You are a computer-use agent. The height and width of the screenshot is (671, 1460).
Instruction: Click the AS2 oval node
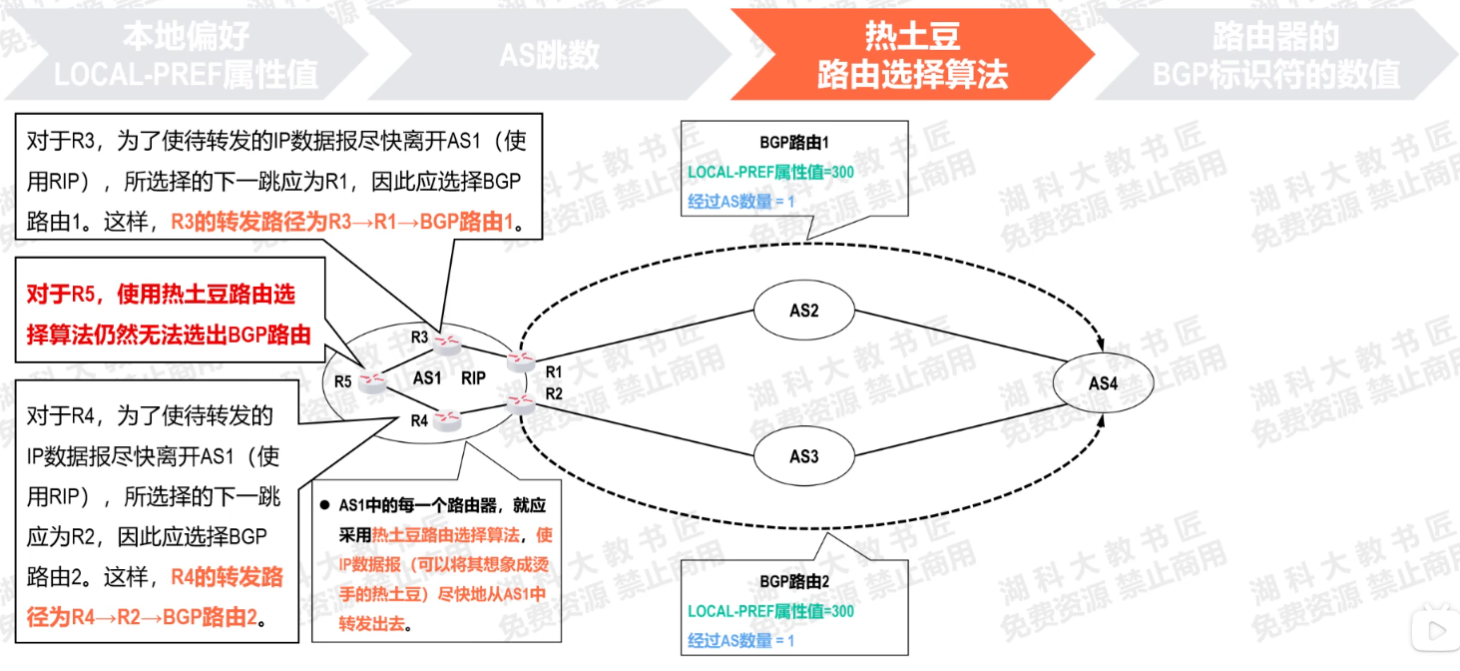pos(803,311)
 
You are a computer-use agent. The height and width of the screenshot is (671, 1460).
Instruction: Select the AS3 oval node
pos(803,456)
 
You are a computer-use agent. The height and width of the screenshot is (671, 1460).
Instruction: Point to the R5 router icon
pos(373,380)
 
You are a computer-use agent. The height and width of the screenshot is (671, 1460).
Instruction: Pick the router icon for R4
pos(447,420)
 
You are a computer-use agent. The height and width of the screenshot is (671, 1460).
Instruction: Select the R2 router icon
pos(519,402)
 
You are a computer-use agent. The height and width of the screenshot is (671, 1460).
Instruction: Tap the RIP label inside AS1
pos(473,378)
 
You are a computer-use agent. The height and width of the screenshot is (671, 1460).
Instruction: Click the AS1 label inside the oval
pos(427,378)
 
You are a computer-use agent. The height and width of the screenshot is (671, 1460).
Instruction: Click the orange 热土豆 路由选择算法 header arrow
pos(911,55)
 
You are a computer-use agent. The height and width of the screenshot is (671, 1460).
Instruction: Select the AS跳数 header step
pos(549,55)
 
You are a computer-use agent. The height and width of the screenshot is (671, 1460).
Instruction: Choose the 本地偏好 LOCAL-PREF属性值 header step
pos(186,55)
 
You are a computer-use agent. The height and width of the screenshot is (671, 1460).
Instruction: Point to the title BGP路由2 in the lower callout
pos(794,580)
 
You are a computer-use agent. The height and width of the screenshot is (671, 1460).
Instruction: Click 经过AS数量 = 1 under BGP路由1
pos(740,203)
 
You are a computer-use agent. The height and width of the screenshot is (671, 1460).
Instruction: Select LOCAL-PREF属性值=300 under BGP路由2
pos(770,610)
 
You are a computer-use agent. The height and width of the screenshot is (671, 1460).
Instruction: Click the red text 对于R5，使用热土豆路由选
pos(161,295)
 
